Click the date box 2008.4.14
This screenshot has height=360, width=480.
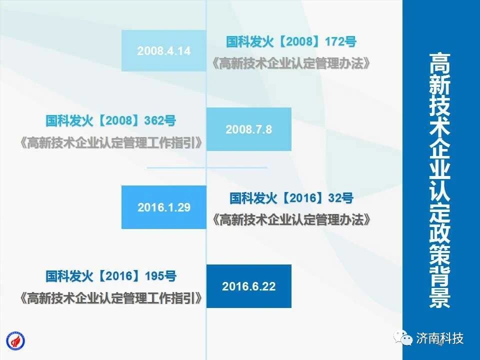(164, 51)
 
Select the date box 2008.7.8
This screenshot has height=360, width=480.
(249, 129)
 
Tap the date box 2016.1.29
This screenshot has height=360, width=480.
(164, 207)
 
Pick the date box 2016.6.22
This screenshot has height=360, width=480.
(249, 286)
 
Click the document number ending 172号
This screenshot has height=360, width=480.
(291, 41)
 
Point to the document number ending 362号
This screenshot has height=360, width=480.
(111, 120)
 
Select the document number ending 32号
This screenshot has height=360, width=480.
(291, 198)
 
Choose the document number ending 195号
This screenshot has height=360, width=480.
(111, 276)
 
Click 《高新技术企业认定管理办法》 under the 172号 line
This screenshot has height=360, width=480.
(291, 63)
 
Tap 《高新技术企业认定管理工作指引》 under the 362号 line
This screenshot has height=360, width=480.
(111, 142)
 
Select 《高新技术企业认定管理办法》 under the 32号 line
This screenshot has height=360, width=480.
(291, 219)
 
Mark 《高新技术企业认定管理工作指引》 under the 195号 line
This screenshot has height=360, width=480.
(111, 298)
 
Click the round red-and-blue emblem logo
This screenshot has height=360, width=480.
(15, 341)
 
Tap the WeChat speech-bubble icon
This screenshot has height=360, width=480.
(403, 338)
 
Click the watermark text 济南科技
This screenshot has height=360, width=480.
(439, 338)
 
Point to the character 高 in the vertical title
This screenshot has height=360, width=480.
(439, 63)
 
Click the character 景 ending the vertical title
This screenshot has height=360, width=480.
(439, 297)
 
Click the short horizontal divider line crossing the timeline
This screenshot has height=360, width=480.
(207, 168)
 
